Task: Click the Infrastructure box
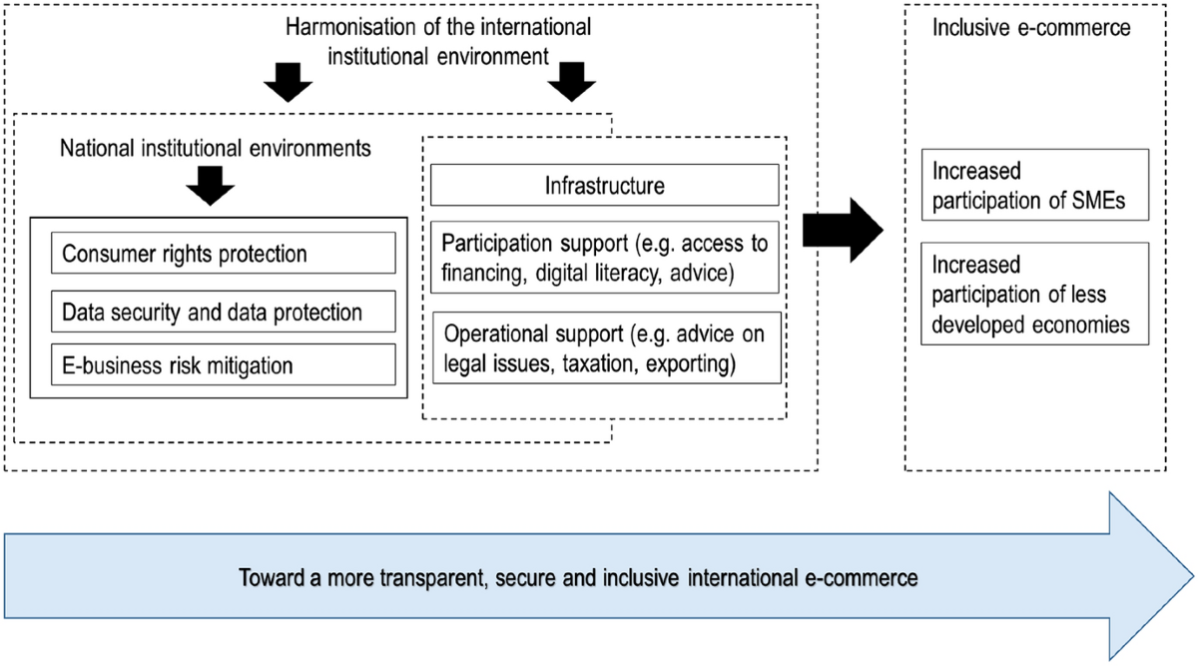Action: (x=604, y=185)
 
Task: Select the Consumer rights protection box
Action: (x=224, y=253)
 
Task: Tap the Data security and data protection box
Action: (x=224, y=312)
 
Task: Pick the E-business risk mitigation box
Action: (x=224, y=364)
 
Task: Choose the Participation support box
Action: (x=604, y=258)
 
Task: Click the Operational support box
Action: (x=607, y=347)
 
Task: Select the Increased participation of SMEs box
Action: (x=1035, y=185)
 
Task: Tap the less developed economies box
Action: (x=1035, y=294)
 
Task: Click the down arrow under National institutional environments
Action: (x=211, y=186)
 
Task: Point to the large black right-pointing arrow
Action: (x=843, y=231)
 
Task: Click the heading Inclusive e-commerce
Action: (x=1031, y=28)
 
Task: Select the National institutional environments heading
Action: (x=215, y=149)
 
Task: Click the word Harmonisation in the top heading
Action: (x=350, y=27)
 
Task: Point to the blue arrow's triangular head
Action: (x=1151, y=576)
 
